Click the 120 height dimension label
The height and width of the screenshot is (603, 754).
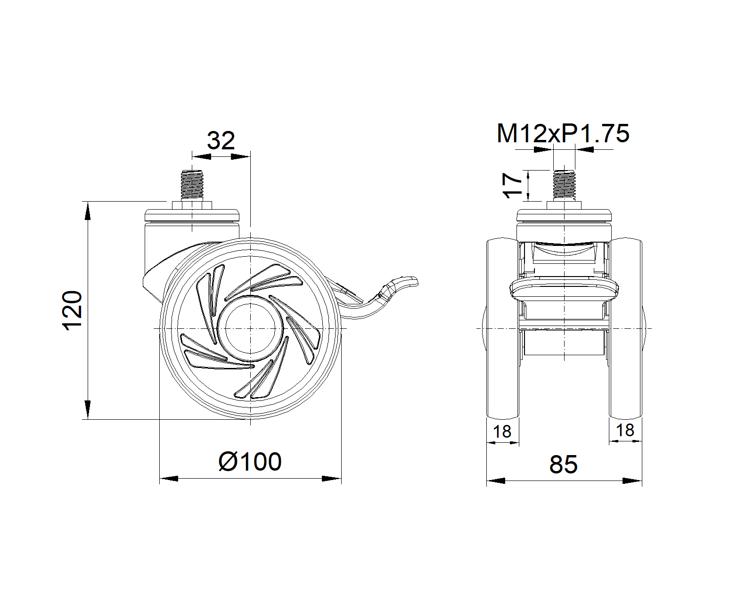(72, 310)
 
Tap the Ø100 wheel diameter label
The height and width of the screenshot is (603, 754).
(250, 462)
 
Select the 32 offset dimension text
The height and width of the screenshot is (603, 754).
(221, 140)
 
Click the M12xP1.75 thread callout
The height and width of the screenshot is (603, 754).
(563, 133)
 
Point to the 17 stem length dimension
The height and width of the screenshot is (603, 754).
(512, 185)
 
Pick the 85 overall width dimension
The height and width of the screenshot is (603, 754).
(564, 464)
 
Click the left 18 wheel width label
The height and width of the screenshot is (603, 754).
(502, 432)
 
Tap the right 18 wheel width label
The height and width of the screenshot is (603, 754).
(625, 430)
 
